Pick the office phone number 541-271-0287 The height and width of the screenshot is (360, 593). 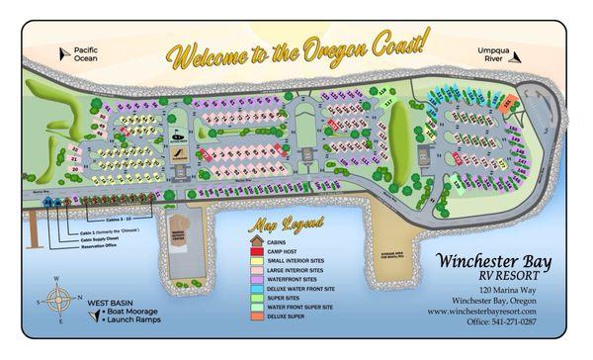pos(503,320)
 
